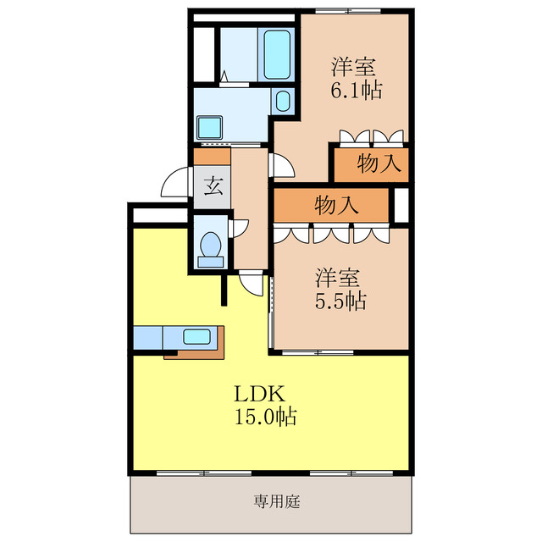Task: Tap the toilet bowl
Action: click(211, 246)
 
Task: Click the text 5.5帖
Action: click(340, 300)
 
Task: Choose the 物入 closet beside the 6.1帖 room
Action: click(370, 164)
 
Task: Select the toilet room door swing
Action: click(239, 226)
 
